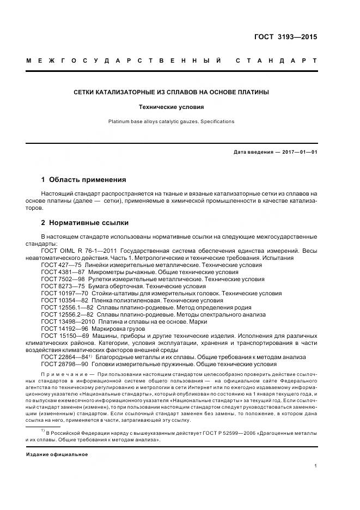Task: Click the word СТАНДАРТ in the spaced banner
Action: [x=276, y=61]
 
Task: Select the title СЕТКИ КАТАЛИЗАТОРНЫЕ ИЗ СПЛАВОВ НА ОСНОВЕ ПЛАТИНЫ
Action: [x=171, y=92]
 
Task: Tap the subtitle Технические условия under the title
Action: [x=171, y=107]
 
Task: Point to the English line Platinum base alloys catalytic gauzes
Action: [x=171, y=122]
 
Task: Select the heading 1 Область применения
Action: [x=84, y=179]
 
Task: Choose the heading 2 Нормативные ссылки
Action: [x=85, y=223]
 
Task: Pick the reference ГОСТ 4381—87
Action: [x=61, y=272]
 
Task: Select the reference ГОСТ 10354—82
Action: [x=63, y=300]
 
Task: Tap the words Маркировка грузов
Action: [x=114, y=329]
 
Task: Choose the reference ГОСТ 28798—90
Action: [x=63, y=363]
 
